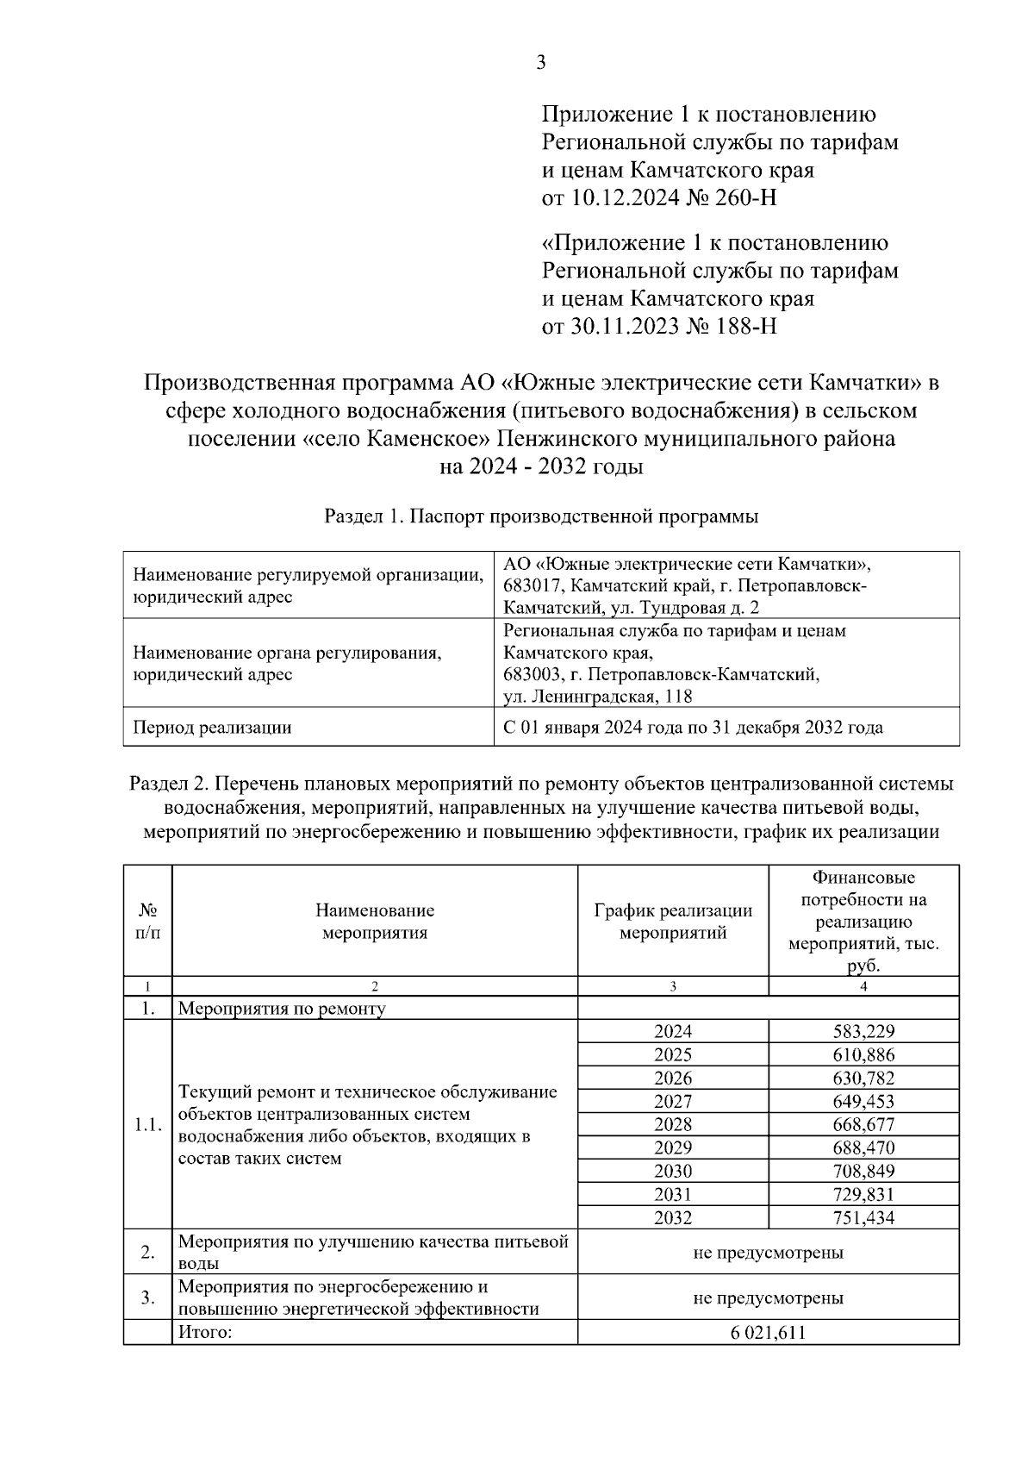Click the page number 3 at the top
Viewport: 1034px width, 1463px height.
tap(540, 62)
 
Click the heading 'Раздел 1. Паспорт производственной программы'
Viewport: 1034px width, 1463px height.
tap(541, 516)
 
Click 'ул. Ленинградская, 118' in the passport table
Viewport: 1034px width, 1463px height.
tap(598, 697)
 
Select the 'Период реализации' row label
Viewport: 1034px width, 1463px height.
tap(212, 728)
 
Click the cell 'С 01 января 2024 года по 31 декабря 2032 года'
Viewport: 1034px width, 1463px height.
tap(693, 728)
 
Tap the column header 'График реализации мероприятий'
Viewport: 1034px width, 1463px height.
tap(673, 922)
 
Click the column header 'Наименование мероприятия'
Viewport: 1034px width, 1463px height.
tap(375, 922)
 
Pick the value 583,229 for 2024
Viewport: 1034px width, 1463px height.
tap(863, 1031)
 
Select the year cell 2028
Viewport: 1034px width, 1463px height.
tap(673, 1124)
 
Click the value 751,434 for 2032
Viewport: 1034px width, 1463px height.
tap(863, 1218)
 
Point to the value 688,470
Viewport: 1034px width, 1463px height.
tap(863, 1147)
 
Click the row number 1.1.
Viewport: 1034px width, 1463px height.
tap(147, 1125)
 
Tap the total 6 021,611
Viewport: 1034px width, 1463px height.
tap(768, 1333)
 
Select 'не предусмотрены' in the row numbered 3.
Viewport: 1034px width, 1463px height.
tap(768, 1297)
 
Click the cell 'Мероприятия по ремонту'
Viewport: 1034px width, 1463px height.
tap(282, 1009)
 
